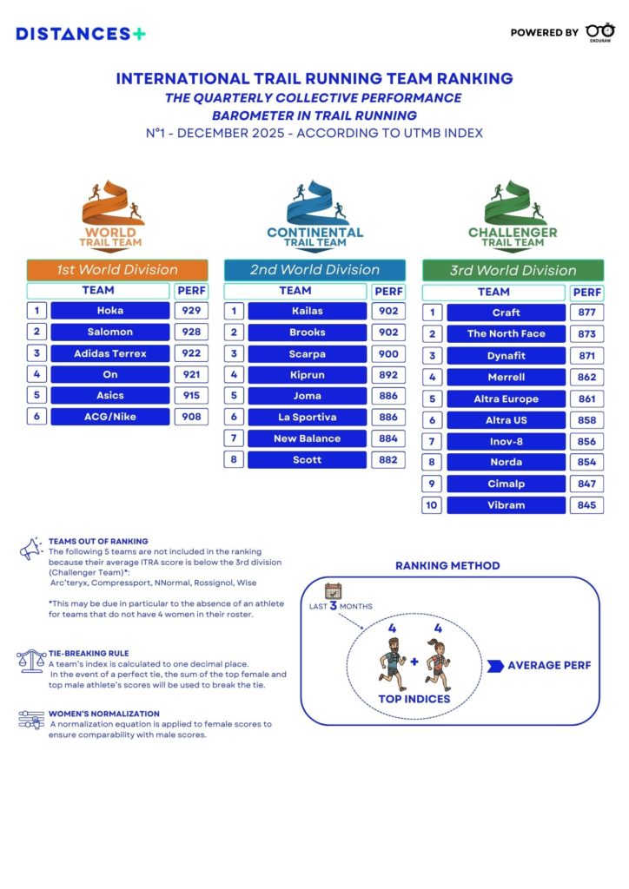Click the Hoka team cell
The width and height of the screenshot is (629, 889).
pyautogui.click(x=110, y=311)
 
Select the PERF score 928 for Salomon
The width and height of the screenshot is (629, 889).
pyautogui.click(x=191, y=333)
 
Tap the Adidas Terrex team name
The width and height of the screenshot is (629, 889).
pyautogui.click(x=110, y=353)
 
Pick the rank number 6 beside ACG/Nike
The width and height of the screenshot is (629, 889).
pyautogui.click(x=36, y=417)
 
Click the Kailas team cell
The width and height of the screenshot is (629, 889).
pyautogui.click(x=308, y=311)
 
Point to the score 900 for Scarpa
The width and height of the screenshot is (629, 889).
pyautogui.click(x=388, y=353)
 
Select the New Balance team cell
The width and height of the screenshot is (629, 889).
pyautogui.click(x=308, y=438)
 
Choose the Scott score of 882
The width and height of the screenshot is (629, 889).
pyautogui.click(x=388, y=459)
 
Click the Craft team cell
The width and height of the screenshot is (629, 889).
pyautogui.click(x=506, y=313)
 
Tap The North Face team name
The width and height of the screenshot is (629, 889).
pyautogui.click(x=506, y=333)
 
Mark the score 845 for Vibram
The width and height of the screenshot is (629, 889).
pyautogui.click(x=587, y=505)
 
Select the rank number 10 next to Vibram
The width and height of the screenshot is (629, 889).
pyautogui.click(x=432, y=505)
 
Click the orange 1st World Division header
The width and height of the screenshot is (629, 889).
pyautogui.click(x=117, y=270)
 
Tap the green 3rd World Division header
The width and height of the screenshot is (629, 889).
pyautogui.click(x=513, y=271)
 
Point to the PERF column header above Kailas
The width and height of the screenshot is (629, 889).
pyautogui.click(x=388, y=291)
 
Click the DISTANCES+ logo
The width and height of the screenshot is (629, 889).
pyautogui.click(x=81, y=33)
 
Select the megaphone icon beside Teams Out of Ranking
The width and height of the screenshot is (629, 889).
pyautogui.click(x=30, y=547)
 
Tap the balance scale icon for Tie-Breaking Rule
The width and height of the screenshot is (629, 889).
pyautogui.click(x=30, y=659)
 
